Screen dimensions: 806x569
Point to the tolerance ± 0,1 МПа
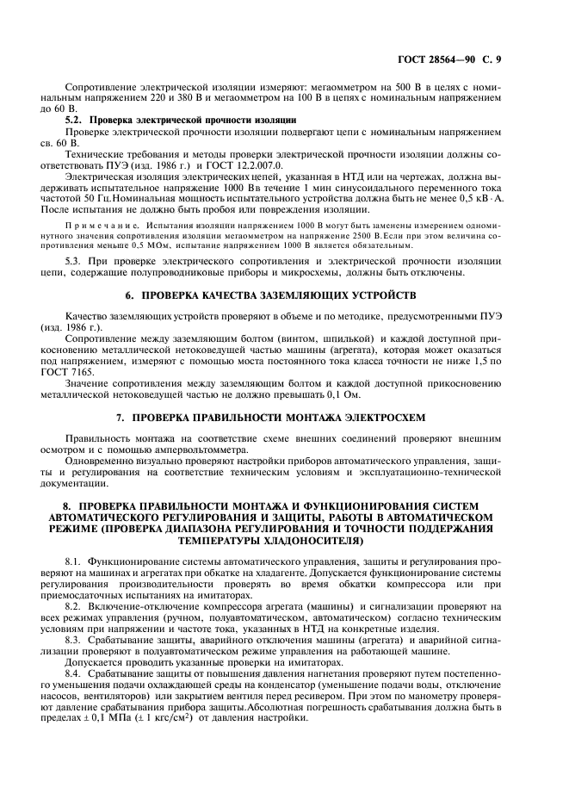pos(96,719)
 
